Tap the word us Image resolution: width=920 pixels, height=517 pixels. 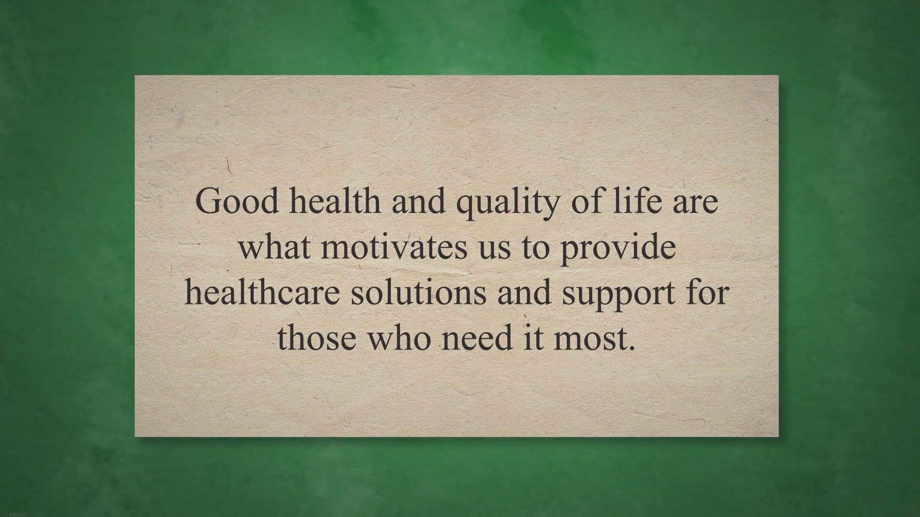(494, 249)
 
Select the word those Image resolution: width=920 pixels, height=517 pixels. (317, 337)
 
